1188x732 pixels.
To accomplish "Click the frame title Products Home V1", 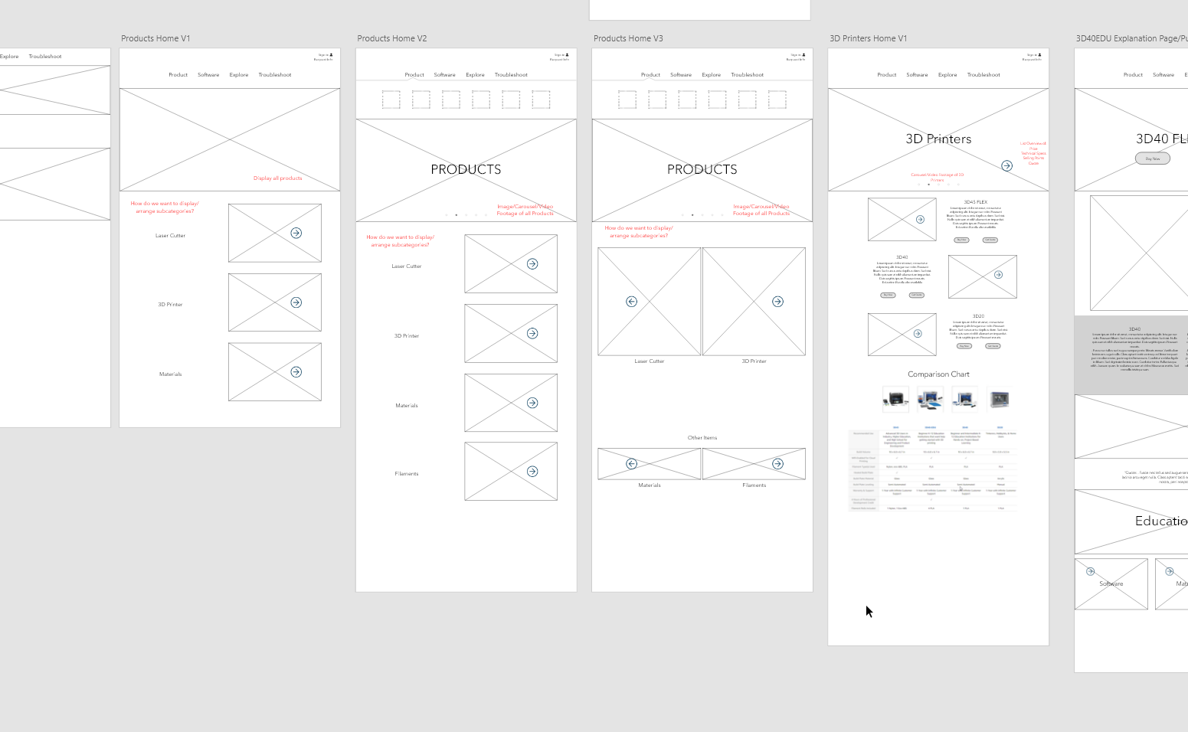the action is [x=155, y=38].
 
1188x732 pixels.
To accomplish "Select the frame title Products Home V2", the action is [x=391, y=38].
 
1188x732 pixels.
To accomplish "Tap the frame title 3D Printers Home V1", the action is [x=868, y=38].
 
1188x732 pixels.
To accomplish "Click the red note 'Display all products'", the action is [x=277, y=178].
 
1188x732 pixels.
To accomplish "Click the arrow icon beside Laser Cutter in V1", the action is [x=296, y=233].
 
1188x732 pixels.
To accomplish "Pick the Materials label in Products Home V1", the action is [x=170, y=374].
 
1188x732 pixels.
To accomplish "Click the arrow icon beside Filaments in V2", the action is [x=532, y=472].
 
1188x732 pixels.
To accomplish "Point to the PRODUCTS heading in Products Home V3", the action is [x=702, y=169].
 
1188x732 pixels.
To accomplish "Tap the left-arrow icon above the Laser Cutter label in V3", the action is [x=631, y=302].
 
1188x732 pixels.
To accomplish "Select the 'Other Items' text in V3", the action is [x=702, y=438].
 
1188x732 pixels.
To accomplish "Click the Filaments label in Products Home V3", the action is [x=754, y=485].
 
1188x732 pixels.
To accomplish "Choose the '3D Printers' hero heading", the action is [x=938, y=139].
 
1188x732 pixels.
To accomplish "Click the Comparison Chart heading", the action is [x=938, y=374].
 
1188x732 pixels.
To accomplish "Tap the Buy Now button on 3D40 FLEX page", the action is [x=1152, y=158].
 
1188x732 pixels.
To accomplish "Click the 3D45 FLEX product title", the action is [x=975, y=202].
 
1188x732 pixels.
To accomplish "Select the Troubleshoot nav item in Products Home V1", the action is [x=274, y=75].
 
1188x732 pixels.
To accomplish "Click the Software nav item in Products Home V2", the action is [x=444, y=75].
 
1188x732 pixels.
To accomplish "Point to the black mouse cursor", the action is [x=869, y=610].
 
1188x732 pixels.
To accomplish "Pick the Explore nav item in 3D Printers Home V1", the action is [x=947, y=75].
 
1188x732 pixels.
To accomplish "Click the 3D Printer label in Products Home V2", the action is [x=406, y=336].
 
